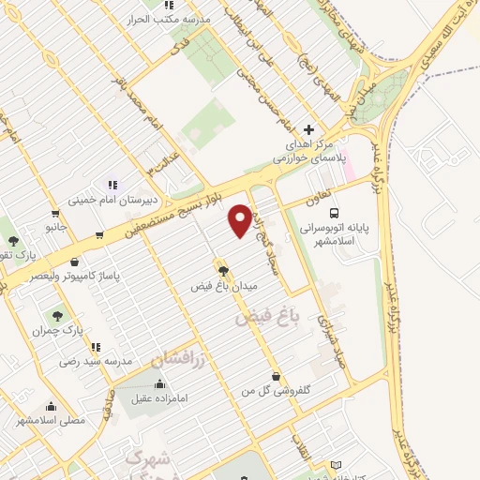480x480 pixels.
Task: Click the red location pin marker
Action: [x=240, y=219]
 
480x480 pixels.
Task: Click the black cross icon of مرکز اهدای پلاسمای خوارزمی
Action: [x=309, y=129]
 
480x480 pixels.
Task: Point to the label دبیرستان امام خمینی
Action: [x=103, y=200]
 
